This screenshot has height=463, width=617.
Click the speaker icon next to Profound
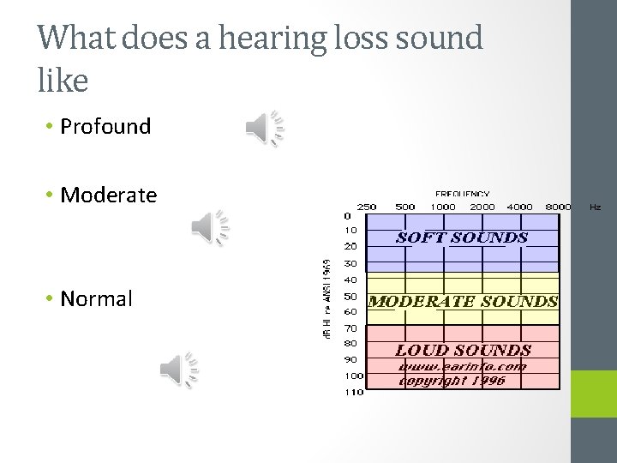pos(265,129)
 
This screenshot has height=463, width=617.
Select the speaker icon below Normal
pos(180,370)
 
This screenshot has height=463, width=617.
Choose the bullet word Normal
pos(96,299)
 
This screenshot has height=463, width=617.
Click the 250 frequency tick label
pos(366,207)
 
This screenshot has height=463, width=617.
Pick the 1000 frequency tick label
pos(443,207)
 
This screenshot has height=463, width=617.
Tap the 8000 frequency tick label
pos(558,207)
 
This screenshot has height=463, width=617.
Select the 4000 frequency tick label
pos(520,207)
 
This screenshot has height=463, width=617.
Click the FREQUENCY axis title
pos(463,195)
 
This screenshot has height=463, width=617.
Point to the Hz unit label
pos(595,207)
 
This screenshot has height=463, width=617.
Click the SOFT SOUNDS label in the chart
pos(462,238)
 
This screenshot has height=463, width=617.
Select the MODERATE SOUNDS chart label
pos(463,301)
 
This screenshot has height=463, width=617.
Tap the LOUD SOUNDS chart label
pos(463,350)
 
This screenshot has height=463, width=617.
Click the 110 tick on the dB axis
pos(353,393)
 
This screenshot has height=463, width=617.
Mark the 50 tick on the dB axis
pos(351,296)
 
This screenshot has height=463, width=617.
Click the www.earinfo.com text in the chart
pos(463,366)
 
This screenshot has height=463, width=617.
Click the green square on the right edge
pos(595,394)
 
